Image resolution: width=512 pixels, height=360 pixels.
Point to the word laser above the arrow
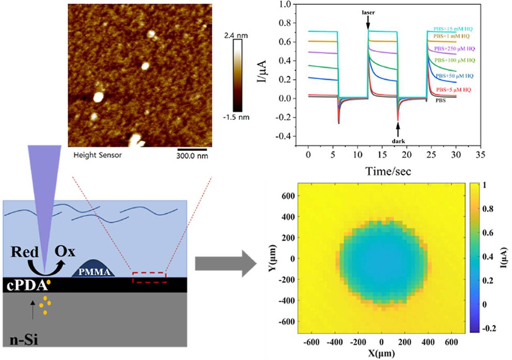pos(368,13)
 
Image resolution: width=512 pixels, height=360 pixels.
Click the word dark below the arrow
pos(398,141)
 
